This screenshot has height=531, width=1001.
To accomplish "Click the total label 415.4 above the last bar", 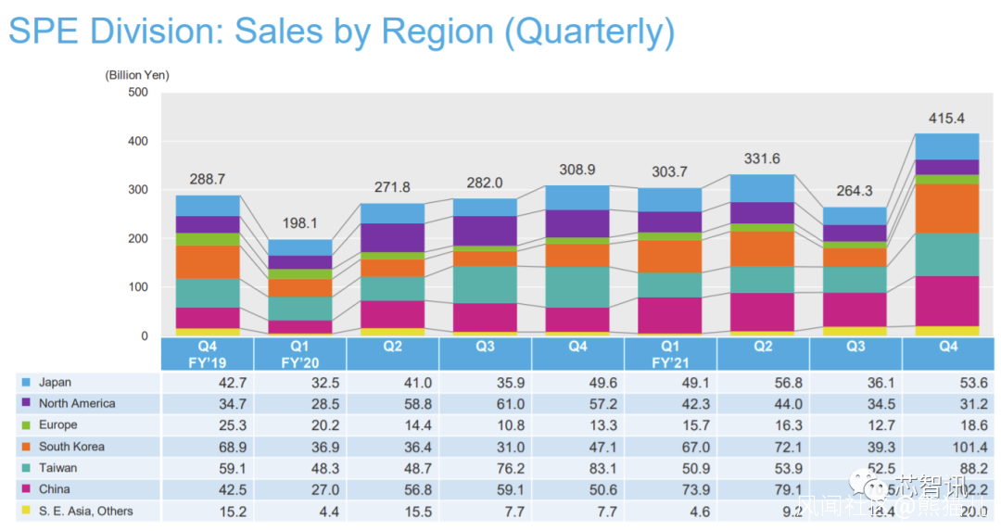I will pyautogui.click(x=947, y=119).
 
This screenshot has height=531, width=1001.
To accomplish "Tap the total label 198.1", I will pyautogui.click(x=299, y=223).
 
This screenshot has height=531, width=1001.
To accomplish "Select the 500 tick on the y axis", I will pyautogui.click(x=137, y=92).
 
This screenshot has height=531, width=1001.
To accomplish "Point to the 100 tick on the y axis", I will pyautogui.click(x=137, y=287).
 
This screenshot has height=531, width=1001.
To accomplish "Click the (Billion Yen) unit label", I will pyautogui.click(x=137, y=74).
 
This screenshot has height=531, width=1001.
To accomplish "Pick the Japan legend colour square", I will pyautogui.click(x=25, y=383).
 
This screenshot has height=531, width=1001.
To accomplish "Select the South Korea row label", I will pyautogui.click(x=71, y=447).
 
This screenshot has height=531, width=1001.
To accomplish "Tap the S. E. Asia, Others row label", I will pyautogui.click(x=85, y=511).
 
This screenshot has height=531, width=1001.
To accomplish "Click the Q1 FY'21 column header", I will pyautogui.click(x=670, y=354).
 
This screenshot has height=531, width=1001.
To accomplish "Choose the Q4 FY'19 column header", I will pyautogui.click(x=207, y=354).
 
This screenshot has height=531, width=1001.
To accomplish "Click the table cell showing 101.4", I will pyautogui.click(x=947, y=447).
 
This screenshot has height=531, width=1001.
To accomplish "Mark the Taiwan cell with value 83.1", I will pyautogui.click(x=577, y=468).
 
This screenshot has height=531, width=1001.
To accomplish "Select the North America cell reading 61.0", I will pyautogui.click(x=485, y=404).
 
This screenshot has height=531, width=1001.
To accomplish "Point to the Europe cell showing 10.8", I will pyautogui.click(x=485, y=425).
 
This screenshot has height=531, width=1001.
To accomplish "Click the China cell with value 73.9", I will pyautogui.click(x=670, y=489).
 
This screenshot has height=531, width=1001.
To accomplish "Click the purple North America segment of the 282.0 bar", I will pyautogui.click(x=485, y=231).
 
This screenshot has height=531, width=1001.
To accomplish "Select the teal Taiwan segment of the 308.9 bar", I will pyautogui.click(x=577, y=287).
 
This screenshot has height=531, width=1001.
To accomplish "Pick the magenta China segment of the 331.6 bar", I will pyautogui.click(x=763, y=311).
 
